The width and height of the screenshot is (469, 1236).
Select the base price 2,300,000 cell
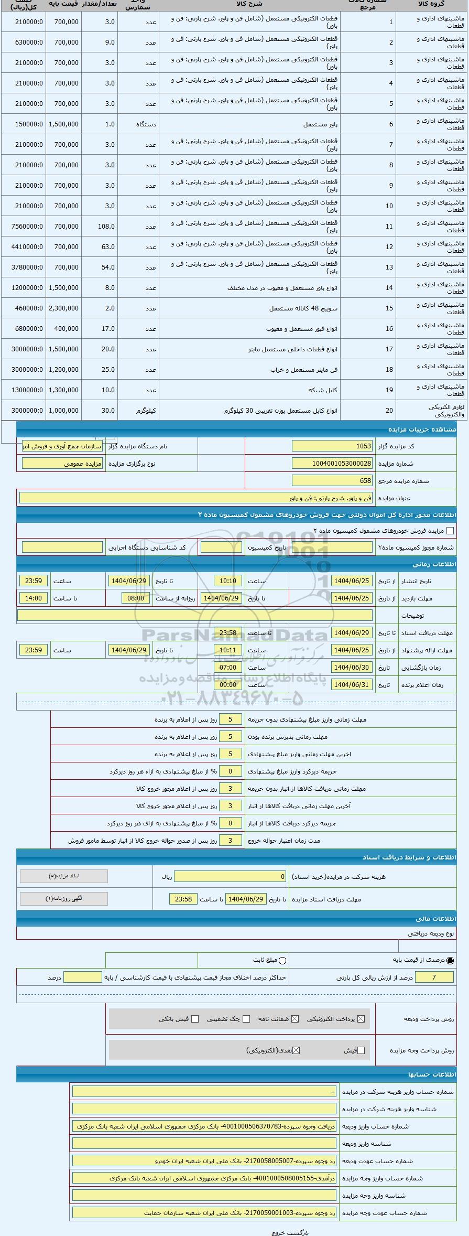coord(63,308)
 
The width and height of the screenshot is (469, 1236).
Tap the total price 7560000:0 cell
coord(23,227)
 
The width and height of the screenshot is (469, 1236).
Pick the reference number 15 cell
coord(389,308)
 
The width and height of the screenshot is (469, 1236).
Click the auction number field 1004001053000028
coord(332,464)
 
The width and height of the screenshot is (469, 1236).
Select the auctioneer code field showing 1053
coord(332,446)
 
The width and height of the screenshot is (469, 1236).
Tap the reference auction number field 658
coord(332,480)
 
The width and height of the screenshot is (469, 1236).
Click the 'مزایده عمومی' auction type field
coord(62,464)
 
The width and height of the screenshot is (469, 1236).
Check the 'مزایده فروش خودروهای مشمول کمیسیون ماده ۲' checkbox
coord(450,531)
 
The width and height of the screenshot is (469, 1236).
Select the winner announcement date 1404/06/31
coord(352,685)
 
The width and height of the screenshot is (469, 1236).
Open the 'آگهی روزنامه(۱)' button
coord(64,898)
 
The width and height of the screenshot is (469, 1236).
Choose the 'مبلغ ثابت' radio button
coord(282,960)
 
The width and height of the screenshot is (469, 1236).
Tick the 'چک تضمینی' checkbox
coord(246,1019)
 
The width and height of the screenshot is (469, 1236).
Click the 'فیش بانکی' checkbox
coord(195,1019)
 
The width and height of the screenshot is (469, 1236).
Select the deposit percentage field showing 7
coord(434,977)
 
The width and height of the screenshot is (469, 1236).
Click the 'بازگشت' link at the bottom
coord(299,1232)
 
